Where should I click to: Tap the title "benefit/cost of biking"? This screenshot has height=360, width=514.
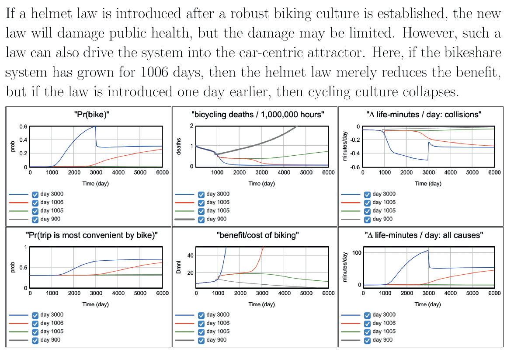(x=257, y=235)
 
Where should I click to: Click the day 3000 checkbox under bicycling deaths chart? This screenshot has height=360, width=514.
(x=201, y=194)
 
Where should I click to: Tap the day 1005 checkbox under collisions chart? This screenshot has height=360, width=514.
(x=367, y=211)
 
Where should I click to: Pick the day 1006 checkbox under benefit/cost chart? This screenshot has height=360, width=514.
(x=201, y=323)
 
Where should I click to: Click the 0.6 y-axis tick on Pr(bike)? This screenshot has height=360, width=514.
(x=22, y=126)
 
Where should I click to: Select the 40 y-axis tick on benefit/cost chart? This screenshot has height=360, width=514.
(x=189, y=255)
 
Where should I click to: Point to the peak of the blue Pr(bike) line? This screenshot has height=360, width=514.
(x=95, y=126)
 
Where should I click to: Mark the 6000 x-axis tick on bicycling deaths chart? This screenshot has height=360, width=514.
(x=328, y=172)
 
